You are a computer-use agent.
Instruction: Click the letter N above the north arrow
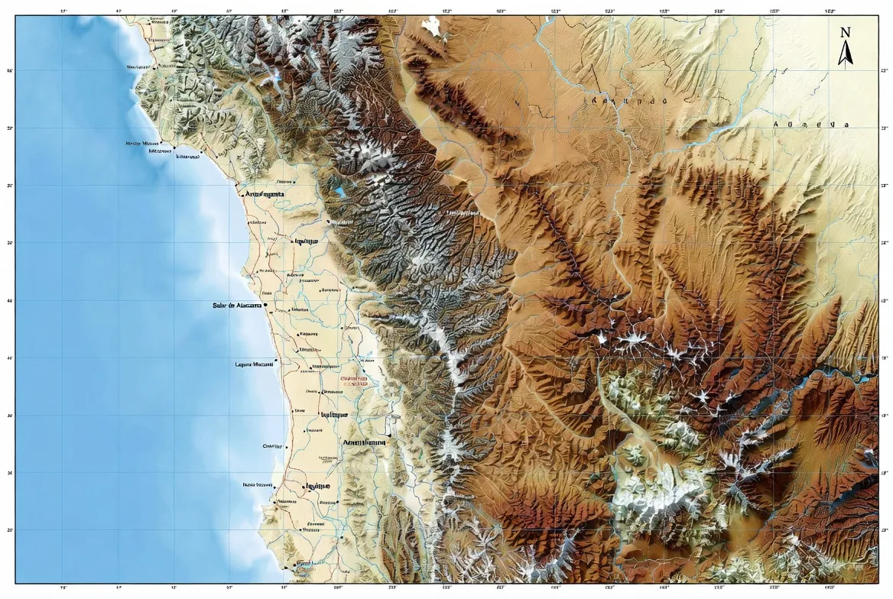coord(845,32)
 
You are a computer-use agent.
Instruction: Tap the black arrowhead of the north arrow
coord(846,54)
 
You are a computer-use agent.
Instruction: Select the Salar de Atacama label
coord(237,306)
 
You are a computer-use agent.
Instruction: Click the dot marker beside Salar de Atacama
coord(265,305)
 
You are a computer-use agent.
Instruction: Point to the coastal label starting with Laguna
coord(254,364)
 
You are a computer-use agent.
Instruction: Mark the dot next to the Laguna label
coord(275,364)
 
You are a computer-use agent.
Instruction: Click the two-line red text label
coord(353,380)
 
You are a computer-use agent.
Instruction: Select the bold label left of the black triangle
coord(364,442)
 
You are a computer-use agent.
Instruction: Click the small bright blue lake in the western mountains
coord(339,191)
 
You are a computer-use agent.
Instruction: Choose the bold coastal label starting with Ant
coord(264,195)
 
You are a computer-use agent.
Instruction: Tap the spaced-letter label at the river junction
coord(625,100)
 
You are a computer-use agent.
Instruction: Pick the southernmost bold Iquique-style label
coord(317,486)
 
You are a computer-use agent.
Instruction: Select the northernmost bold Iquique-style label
coord(306,241)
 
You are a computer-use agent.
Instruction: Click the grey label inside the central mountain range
coord(463,212)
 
